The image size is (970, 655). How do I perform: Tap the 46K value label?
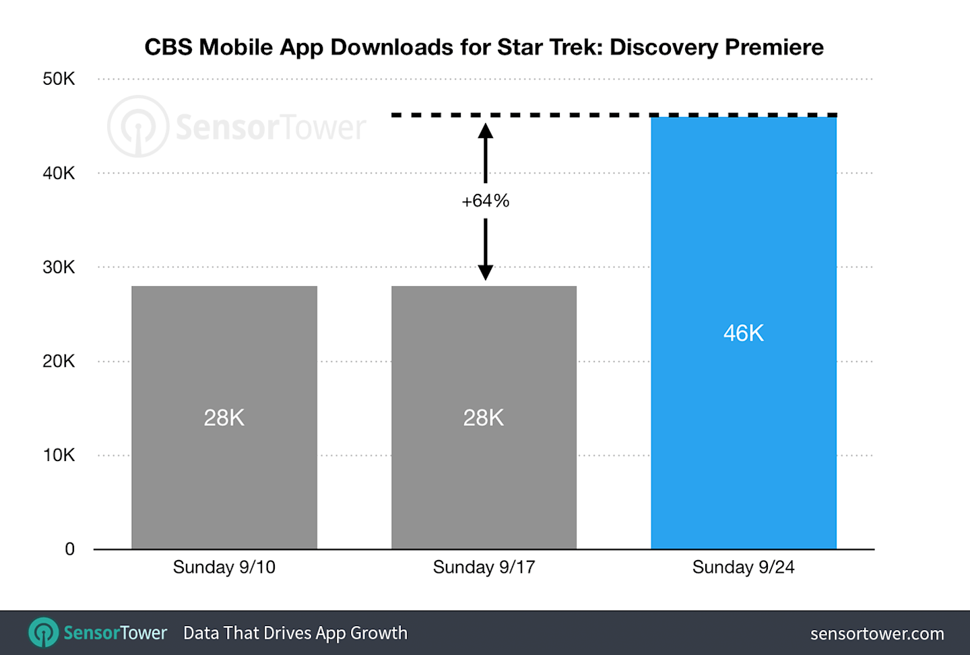tap(743, 333)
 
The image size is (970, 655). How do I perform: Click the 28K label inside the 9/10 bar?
tap(224, 418)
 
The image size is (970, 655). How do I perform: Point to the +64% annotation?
tap(485, 201)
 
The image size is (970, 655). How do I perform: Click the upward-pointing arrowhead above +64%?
tap(485, 131)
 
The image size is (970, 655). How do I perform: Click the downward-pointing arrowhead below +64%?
tap(485, 272)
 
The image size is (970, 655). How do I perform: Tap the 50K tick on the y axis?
tap(59, 79)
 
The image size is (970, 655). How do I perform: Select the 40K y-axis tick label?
tap(59, 173)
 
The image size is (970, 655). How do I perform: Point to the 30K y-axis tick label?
tap(59, 267)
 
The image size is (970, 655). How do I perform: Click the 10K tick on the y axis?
tap(59, 455)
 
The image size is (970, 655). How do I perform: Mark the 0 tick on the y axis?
tap(69, 549)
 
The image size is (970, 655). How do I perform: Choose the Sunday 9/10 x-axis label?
tap(224, 567)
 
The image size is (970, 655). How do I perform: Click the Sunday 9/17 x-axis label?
tap(484, 567)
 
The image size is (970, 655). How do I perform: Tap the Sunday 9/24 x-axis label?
tap(743, 567)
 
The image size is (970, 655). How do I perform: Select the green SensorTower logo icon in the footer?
tap(44, 633)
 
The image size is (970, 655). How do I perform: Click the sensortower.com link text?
tap(876, 633)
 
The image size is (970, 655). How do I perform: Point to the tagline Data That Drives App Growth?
tap(295, 633)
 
